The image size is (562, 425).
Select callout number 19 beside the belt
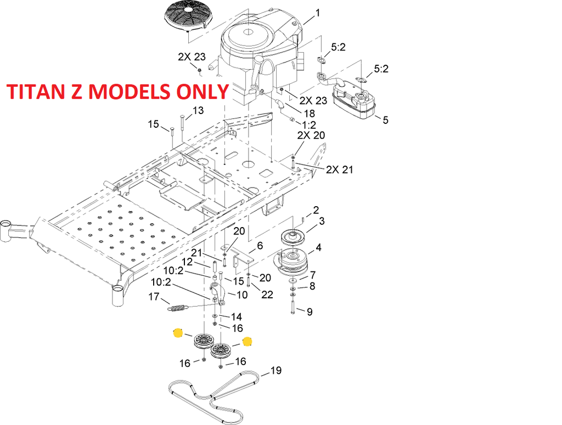[276, 370]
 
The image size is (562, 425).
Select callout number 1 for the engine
[318, 13]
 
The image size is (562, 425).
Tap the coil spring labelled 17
[178, 308]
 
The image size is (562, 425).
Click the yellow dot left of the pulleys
[178, 333]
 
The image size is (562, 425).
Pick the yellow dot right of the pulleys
[247, 342]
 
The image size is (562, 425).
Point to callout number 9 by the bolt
[310, 312]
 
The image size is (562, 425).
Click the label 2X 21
[339, 169]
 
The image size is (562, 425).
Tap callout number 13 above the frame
[198, 111]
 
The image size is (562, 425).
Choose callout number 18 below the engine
[310, 114]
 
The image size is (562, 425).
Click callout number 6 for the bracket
[260, 246]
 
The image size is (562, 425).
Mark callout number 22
[267, 294]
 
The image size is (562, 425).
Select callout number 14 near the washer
[236, 316]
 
